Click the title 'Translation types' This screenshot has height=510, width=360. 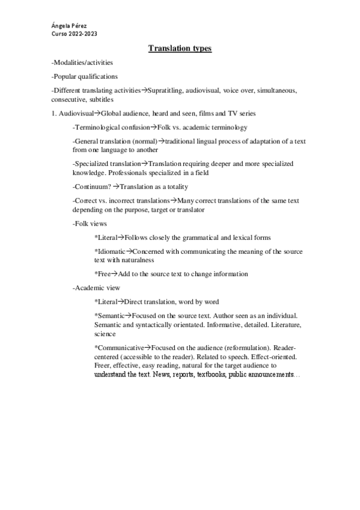[x=180, y=49]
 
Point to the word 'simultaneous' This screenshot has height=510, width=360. [x=275, y=90]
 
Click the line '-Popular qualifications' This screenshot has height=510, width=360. [x=85, y=76]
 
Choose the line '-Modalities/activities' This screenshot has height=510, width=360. [x=82, y=63]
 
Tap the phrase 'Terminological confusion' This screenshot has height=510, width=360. [x=112, y=127]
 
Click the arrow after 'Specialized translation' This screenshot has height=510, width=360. [x=145, y=164]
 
